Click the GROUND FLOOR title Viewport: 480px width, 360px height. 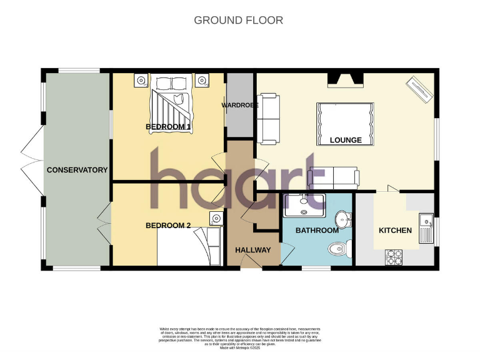(238, 20)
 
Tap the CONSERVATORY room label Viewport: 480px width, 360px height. (77, 170)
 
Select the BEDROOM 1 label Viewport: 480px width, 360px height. (168, 127)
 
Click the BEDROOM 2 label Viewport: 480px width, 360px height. (168, 226)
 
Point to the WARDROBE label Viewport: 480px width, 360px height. (240, 105)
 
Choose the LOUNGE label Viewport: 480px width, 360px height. (346, 140)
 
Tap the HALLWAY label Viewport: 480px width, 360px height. (253, 250)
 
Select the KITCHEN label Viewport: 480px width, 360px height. (395, 231)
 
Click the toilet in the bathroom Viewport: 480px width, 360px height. (337, 248)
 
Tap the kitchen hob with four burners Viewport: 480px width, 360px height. (396, 256)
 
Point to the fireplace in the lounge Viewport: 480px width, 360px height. (346, 79)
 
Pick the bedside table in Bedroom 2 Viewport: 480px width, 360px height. (216, 218)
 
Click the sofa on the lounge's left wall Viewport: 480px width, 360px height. (269, 117)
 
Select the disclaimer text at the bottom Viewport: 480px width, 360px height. (239, 337)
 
